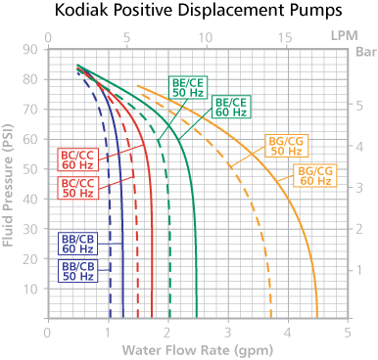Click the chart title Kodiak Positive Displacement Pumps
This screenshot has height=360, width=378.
[x=189, y=14]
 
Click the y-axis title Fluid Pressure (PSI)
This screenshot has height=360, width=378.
[x=13, y=186]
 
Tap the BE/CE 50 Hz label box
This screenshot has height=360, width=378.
[x=186, y=88]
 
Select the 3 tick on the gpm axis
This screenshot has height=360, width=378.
[x=228, y=334]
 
